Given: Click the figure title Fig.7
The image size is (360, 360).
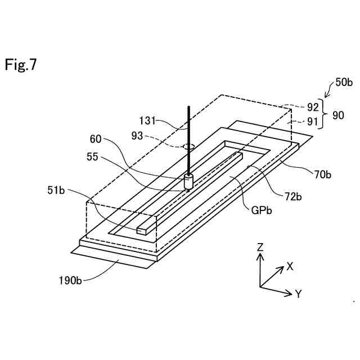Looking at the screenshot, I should point(21,65).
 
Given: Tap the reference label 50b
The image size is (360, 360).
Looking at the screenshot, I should point(344,82).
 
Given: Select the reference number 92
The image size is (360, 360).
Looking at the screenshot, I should point(313,105).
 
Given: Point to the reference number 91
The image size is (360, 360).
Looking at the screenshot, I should point(313,121).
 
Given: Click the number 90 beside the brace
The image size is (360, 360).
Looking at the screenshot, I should point(339,114).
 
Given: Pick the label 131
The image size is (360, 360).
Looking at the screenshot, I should point(148,120).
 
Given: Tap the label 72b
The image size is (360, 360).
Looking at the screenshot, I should point(294,196).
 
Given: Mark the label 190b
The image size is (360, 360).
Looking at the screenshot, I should point(71,280).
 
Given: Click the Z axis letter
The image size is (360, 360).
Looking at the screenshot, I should point(260,247).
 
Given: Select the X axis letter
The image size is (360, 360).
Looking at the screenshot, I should point(290,266).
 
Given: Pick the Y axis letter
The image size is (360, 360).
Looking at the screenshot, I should point(299,293).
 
